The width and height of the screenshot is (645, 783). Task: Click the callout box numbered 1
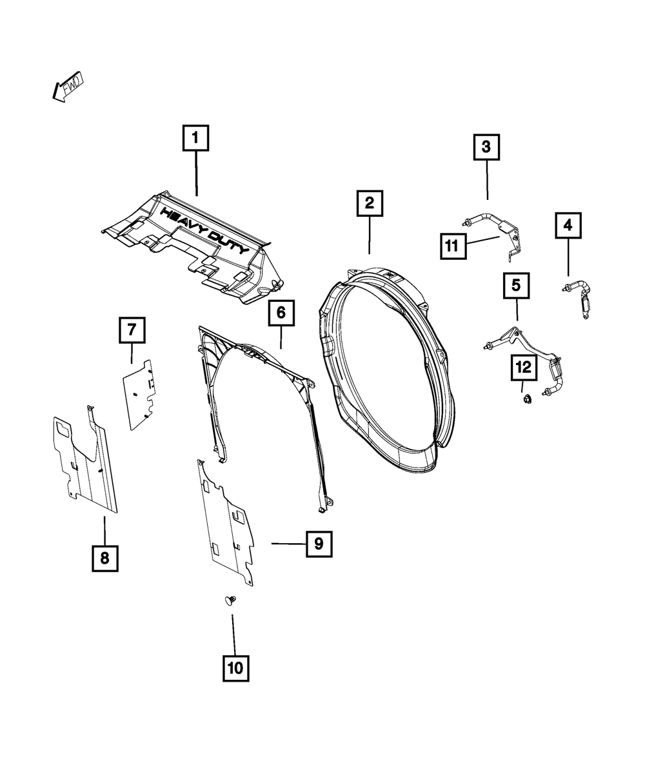point(195,138)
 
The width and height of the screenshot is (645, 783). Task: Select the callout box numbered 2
point(369,204)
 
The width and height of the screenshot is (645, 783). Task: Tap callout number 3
point(486,147)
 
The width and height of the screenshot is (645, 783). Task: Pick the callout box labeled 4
point(568,226)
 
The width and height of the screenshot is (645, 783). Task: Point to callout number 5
point(516,285)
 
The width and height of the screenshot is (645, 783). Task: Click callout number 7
point(131,331)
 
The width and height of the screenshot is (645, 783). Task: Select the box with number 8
point(104,557)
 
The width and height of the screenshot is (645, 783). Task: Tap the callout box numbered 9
point(319,544)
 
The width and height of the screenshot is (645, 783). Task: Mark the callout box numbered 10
point(235,668)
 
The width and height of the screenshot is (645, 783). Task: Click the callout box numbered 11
point(454,246)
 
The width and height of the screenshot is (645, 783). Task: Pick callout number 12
point(524,368)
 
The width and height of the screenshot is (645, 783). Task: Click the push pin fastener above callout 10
point(230,601)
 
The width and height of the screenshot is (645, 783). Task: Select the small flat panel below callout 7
point(141,394)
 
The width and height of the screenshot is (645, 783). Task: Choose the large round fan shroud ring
point(383,368)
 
